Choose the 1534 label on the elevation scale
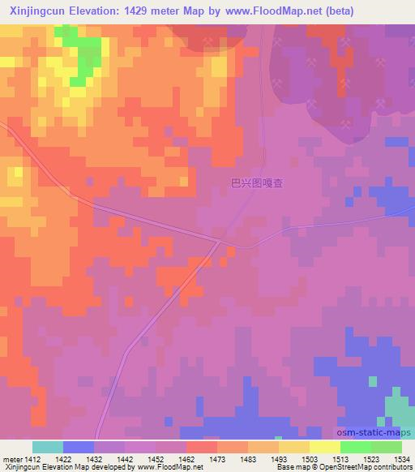(x=402, y=460)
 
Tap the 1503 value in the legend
(x=309, y=460)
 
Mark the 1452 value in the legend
(x=156, y=460)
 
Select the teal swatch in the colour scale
(x=47, y=447)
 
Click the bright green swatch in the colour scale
(x=355, y=447)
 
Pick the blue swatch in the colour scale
(x=78, y=447)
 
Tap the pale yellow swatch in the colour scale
(x=324, y=447)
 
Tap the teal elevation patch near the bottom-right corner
(x=397, y=405)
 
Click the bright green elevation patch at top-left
(x=81, y=53)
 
